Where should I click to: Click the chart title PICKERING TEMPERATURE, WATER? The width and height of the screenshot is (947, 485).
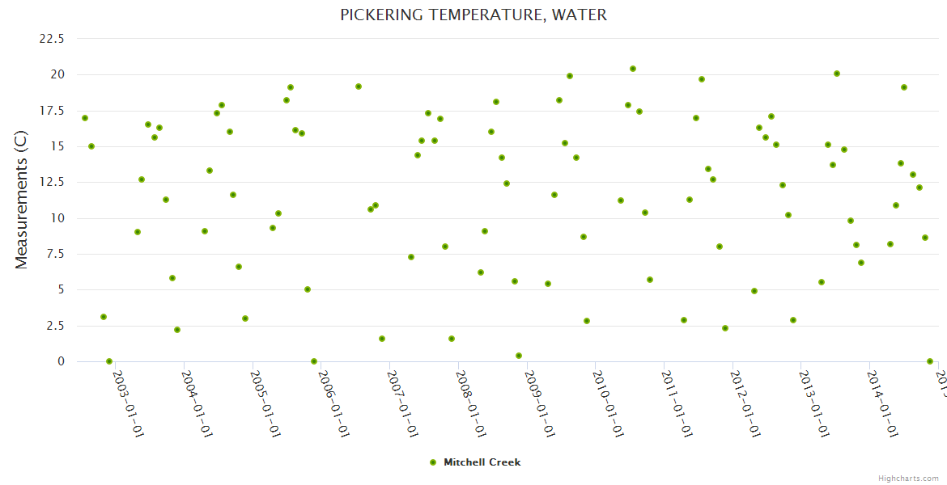pos(473,15)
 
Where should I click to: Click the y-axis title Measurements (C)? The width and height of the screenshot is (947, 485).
pos(22,200)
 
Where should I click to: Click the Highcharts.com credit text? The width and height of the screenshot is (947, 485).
pos(908,478)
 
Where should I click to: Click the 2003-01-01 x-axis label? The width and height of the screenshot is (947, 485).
pos(128,403)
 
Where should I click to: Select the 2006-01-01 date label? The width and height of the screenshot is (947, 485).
pos(333,403)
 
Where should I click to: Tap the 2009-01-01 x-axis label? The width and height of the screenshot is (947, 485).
pos(539,403)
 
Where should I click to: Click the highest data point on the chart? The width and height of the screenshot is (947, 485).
pos(633,69)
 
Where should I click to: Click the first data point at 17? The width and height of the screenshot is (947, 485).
pos(85,118)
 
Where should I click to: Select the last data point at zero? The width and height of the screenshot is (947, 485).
pos(930,361)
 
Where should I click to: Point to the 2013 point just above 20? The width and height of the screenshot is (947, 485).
pos(837,74)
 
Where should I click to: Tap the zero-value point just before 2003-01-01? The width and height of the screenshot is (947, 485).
pos(109,361)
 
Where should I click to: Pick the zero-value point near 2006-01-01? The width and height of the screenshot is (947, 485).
pos(314,361)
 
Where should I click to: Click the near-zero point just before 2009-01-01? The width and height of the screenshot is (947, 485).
pos(519,356)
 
